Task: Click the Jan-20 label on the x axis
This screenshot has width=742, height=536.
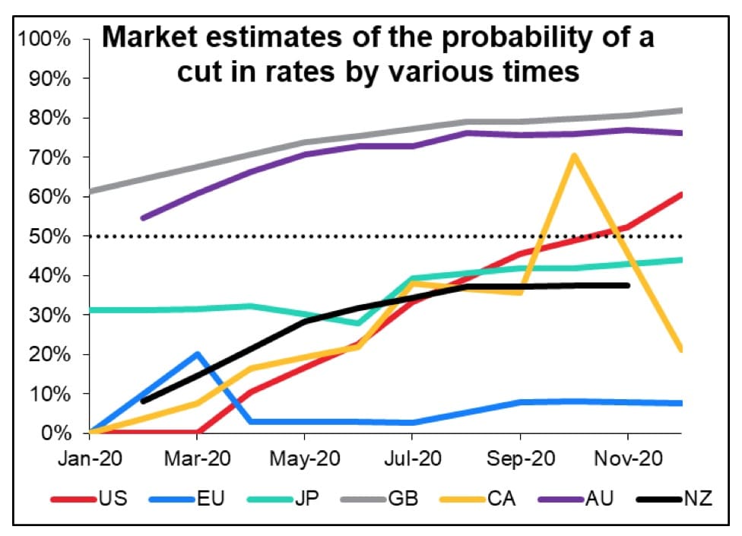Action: [90, 459]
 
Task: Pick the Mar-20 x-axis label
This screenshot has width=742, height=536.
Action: [198, 459]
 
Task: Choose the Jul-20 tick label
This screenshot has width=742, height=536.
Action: [411, 459]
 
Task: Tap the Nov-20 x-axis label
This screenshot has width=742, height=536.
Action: [627, 459]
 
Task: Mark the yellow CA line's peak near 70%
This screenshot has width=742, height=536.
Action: [574, 156]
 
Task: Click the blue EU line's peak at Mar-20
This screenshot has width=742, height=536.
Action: [198, 354]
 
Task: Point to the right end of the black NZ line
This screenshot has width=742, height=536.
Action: [628, 285]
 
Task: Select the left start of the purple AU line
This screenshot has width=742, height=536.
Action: [143, 218]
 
